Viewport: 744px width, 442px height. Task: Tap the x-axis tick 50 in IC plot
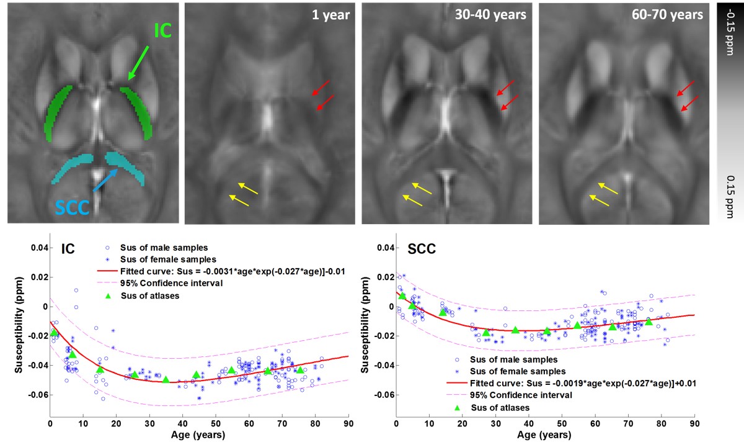pos(215,424)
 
